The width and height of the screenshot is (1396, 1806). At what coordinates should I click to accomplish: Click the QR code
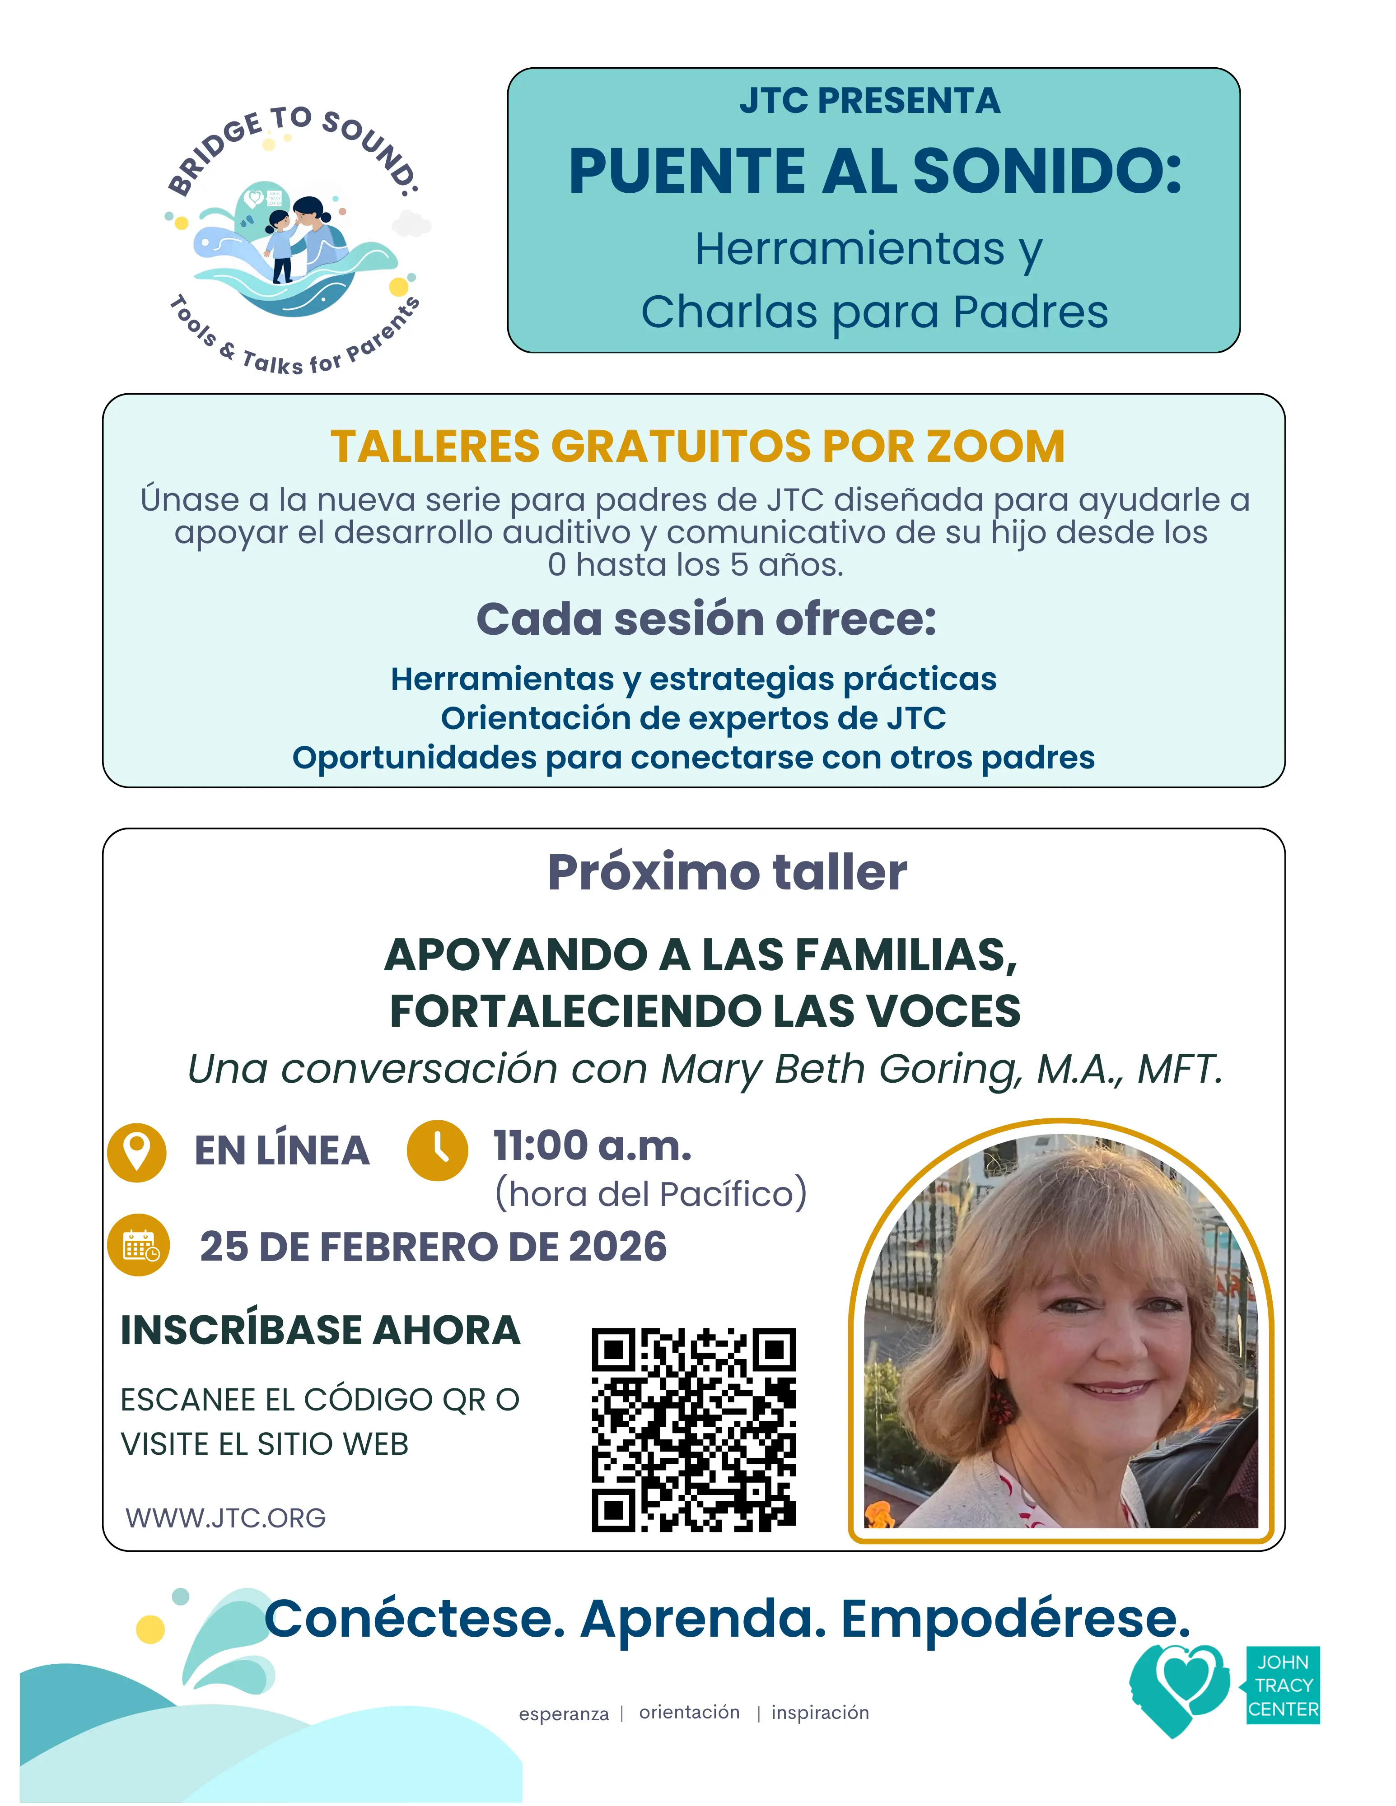(x=693, y=1429)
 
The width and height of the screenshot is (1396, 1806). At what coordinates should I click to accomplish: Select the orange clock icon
(x=438, y=1150)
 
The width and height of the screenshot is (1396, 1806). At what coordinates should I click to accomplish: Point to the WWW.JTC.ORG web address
(x=226, y=1518)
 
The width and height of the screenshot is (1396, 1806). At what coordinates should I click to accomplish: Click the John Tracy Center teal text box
(x=1283, y=1685)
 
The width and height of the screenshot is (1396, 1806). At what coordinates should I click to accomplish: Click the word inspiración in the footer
(x=820, y=1713)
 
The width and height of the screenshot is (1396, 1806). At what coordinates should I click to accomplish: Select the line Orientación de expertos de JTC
(x=693, y=719)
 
